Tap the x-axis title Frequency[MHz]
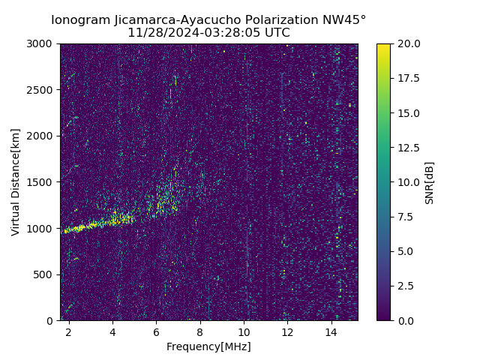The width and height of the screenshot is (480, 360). pyautogui.click(x=208, y=346)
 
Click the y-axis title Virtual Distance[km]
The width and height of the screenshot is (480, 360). pyautogui.click(x=16, y=182)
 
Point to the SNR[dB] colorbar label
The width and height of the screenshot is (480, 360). pyautogui.click(x=430, y=182)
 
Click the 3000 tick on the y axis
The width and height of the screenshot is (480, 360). pyautogui.click(x=42, y=43)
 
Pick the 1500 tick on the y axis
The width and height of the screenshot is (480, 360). pyautogui.click(x=42, y=182)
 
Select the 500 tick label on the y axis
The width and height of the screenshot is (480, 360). pyautogui.click(x=45, y=274)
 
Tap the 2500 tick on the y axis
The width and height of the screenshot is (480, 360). pyautogui.click(x=42, y=90)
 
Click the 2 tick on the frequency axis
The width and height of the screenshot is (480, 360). pyautogui.click(x=69, y=331)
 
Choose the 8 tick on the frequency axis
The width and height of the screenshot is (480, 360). pyautogui.click(x=200, y=331)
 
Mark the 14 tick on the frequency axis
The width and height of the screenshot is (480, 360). pyautogui.click(x=331, y=331)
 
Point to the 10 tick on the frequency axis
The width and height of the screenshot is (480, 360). pyautogui.click(x=244, y=331)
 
